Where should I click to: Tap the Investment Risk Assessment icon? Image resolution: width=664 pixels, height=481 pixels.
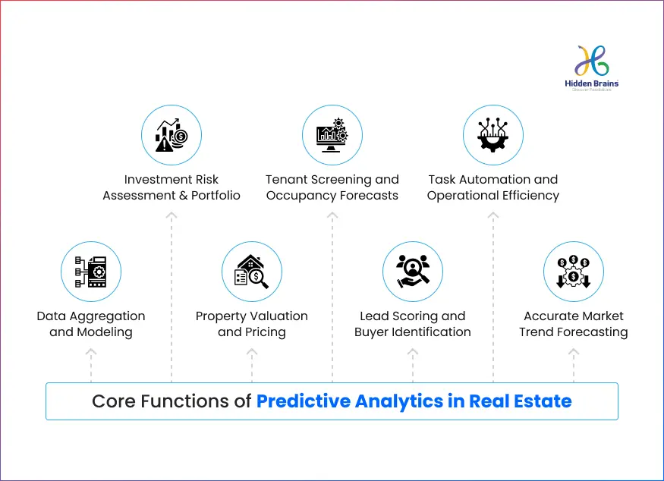point(172,136)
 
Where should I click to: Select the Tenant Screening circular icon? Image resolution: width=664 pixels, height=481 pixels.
point(332,136)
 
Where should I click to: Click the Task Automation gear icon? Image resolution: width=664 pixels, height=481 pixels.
point(493,136)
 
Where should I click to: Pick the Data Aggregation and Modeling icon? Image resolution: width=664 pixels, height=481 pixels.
point(91,272)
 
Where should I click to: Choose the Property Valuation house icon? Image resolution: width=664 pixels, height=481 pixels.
point(252,272)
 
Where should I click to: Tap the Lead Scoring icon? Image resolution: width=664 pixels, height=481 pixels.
point(413,272)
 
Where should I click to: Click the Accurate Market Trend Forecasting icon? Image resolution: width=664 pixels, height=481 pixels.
point(574,272)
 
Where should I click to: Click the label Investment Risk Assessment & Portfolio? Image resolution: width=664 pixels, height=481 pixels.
point(172,187)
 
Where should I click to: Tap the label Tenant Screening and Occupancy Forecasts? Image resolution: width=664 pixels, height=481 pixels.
point(332,187)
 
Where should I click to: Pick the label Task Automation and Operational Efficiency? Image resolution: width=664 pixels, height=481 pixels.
point(493,187)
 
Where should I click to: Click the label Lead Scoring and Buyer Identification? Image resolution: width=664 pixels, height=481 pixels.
point(413,324)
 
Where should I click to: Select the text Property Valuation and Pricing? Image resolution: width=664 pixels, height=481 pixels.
point(252,324)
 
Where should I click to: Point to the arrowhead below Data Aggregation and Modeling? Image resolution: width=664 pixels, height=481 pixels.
point(91,353)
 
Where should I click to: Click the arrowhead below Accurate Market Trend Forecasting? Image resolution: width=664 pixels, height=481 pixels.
point(574,353)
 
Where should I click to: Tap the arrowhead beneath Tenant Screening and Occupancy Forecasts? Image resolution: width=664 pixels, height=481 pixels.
point(332,216)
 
